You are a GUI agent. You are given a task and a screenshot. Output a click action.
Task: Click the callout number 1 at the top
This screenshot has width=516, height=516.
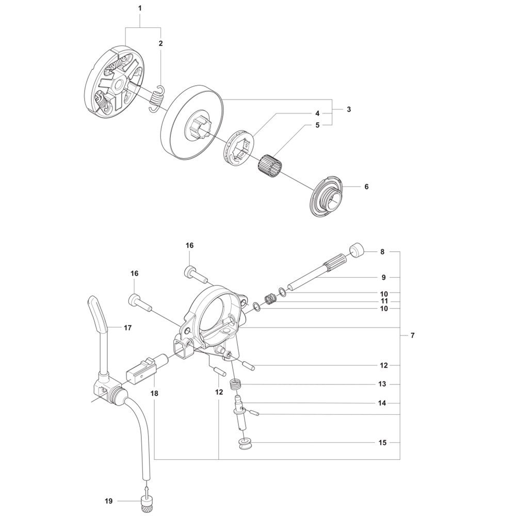(x=140, y=8)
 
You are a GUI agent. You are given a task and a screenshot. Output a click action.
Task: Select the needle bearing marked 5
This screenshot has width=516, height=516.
(x=267, y=163)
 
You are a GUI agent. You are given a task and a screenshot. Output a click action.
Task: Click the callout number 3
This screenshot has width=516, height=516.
(x=349, y=109)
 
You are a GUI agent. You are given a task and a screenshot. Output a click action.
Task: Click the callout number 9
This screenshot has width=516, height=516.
(x=383, y=278)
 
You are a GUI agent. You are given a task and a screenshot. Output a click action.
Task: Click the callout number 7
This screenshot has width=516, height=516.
(x=413, y=335)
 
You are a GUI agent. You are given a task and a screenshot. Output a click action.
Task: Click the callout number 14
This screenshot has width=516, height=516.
(x=382, y=403)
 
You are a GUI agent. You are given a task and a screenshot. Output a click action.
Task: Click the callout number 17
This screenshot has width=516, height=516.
(x=127, y=328)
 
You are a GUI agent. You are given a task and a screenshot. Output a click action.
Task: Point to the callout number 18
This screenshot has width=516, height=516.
(x=154, y=393)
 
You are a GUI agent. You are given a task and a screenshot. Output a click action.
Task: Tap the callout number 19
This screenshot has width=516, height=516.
(x=108, y=501)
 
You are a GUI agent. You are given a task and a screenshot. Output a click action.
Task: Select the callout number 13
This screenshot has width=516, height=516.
(x=382, y=384)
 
